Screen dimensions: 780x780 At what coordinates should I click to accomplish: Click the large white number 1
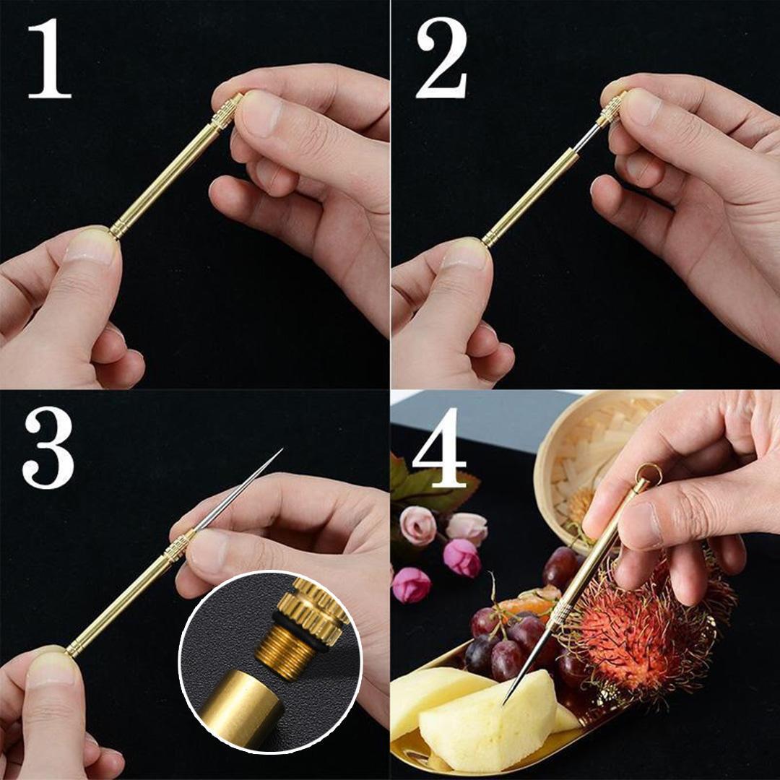49,58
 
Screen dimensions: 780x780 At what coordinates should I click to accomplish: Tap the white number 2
442,58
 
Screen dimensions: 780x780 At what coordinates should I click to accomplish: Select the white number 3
48,448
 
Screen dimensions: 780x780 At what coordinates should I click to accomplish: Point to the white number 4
439,447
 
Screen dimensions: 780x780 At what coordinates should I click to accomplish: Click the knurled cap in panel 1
227,112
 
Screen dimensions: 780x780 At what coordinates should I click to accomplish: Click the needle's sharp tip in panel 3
282,448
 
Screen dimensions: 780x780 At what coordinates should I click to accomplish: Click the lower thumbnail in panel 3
51,669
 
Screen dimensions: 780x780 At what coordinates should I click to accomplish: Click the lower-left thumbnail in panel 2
464,256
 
